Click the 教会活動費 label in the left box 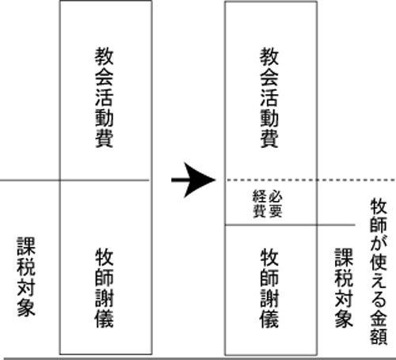(105, 97)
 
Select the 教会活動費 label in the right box (269, 97)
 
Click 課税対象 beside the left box (26, 276)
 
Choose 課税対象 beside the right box (344, 288)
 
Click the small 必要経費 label (268, 203)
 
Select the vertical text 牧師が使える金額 (379, 271)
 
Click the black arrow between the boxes (193, 180)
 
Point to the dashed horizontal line (311, 180)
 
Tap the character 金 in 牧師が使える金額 (379, 317)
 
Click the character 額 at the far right (379, 336)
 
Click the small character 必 (276, 196)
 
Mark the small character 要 (276, 211)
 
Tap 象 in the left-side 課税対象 (26, 307)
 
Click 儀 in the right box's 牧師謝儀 (269, 319)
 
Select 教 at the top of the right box (269, 57)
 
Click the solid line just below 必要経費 (290, 225)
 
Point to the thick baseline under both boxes (200, 358)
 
